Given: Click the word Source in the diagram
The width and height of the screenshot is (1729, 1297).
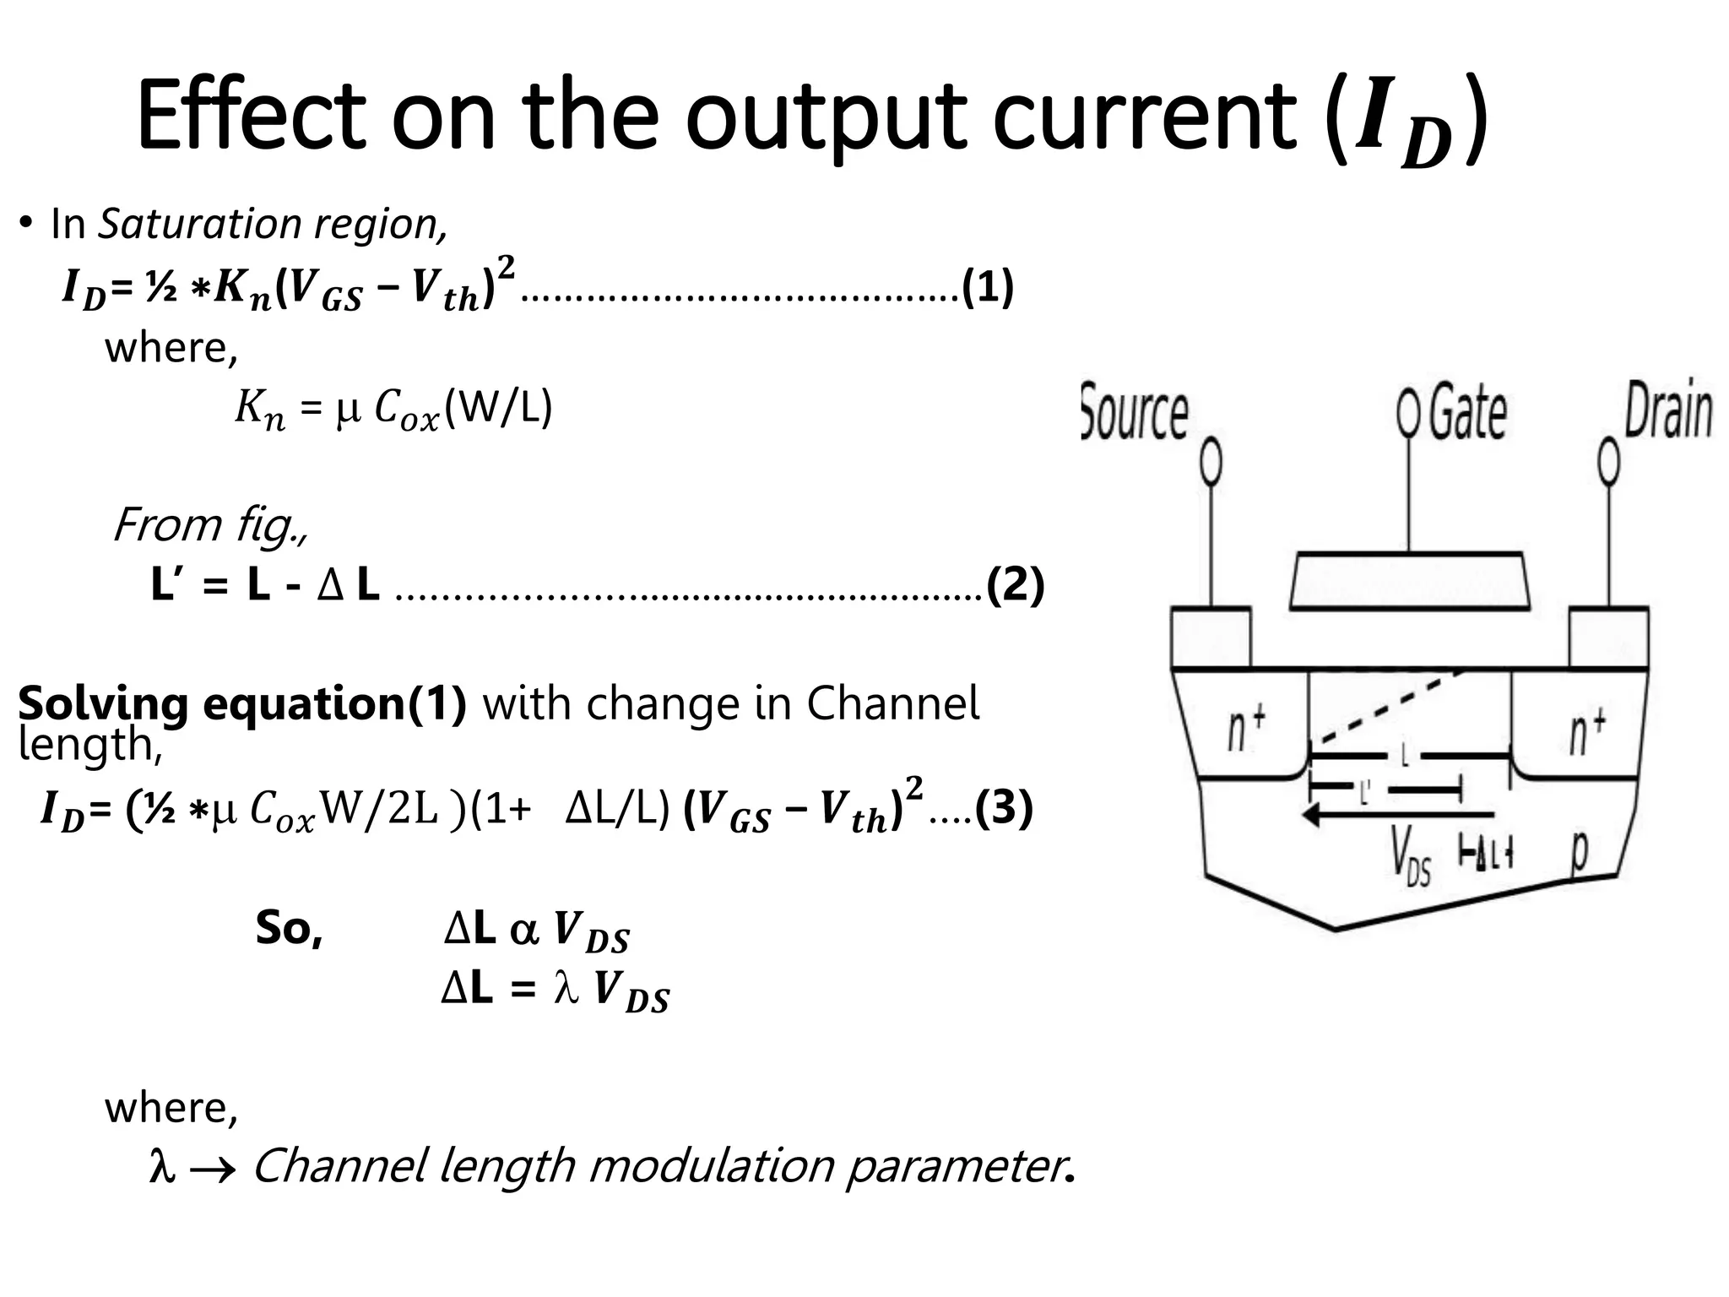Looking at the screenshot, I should click(1134, 413).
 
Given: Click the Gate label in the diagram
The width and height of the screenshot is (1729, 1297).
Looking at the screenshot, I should click(1467, 412).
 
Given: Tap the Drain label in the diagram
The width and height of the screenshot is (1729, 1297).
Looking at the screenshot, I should click(1668, 411).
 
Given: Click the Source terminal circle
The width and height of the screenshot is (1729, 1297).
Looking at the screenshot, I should click(1211, 463).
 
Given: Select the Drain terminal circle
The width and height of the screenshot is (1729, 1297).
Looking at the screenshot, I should click(1609, 463).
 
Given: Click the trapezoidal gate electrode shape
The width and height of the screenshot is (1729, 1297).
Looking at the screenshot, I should click(1409, 581).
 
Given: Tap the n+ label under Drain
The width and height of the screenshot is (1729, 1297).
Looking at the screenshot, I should click(1588, 732).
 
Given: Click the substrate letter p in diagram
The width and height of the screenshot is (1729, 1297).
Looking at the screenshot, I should click(1578, 853).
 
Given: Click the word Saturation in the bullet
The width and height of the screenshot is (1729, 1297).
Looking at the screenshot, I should click(199, 224).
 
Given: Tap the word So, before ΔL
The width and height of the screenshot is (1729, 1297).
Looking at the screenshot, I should click(289, 928).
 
